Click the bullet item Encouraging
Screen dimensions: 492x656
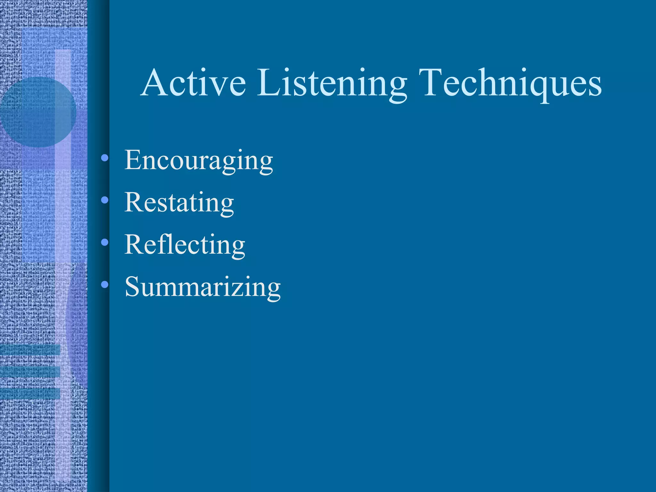pos(199,160)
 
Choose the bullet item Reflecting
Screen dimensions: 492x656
pos(184,245)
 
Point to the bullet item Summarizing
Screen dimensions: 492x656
pos(202,287)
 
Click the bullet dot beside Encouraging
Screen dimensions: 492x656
pos(104,158)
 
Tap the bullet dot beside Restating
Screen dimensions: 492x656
pos(104,200)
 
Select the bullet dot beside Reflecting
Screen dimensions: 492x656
pos(104,242)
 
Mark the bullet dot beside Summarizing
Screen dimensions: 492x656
pos(104,284)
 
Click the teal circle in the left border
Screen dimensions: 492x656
pos(38,112)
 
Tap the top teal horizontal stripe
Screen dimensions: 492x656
pos(30,350)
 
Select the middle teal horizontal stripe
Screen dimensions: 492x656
pos(30,372)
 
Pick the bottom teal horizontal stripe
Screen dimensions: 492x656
pos(30,394)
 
